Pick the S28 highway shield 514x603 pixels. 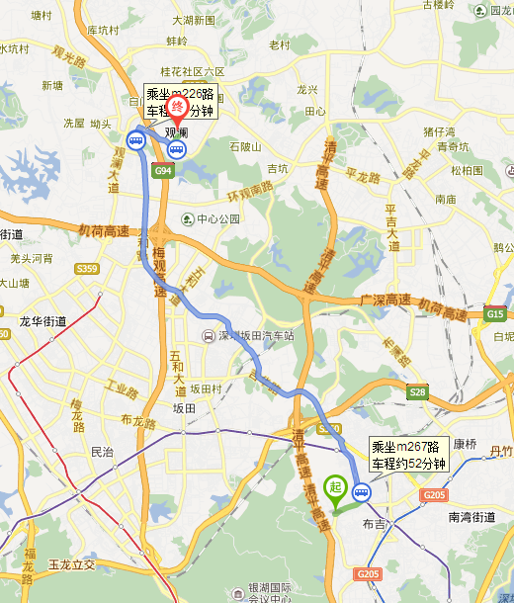coord(417,392)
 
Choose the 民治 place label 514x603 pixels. coord(102,452)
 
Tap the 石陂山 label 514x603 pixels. coord(244,146)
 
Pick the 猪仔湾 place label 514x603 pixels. coord(439,131)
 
